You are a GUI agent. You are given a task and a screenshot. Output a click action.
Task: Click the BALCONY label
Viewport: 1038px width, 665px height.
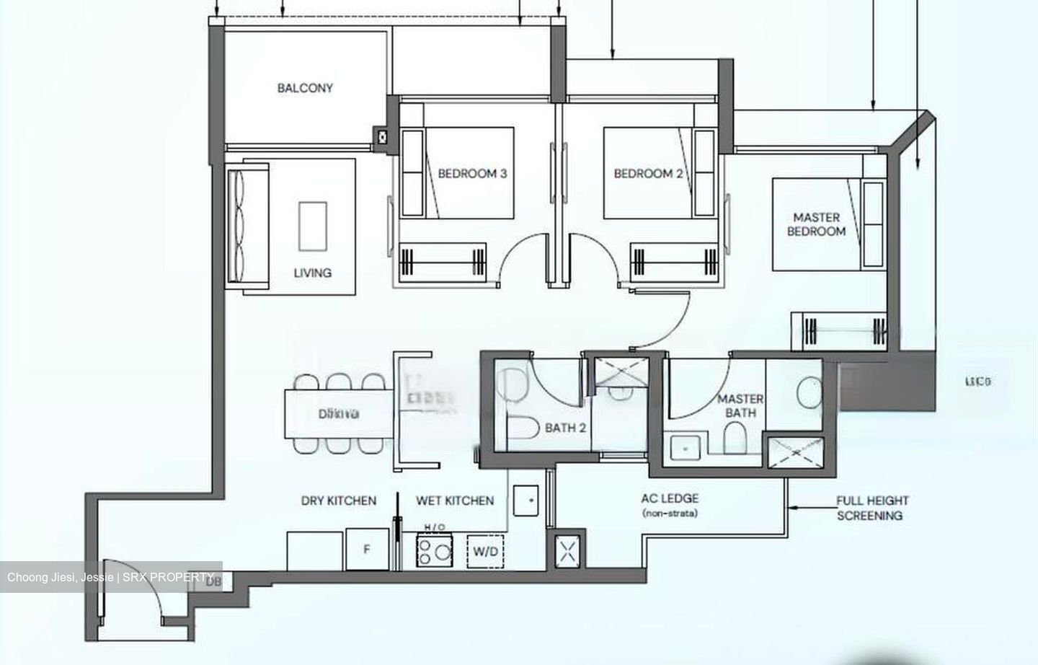(x=305, y=88)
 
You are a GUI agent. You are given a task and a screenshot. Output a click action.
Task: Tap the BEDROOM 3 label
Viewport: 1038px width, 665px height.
(x=472, y=173)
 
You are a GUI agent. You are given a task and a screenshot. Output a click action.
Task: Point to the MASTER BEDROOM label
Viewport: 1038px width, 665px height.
(x=816, y=224)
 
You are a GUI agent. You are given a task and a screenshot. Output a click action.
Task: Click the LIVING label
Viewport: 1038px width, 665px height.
(x=312, y=273)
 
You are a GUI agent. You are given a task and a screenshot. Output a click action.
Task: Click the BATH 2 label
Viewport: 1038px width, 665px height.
(x=565, y=428)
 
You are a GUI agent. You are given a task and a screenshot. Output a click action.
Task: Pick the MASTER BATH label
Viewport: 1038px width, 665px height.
(x=740, y=405)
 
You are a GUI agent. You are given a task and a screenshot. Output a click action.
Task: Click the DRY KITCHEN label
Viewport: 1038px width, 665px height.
(x=338, y=501)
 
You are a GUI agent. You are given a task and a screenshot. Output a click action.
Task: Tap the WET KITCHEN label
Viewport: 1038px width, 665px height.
(x=455, y=501)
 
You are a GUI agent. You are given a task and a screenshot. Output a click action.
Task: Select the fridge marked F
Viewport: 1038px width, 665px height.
(x=367, y=550)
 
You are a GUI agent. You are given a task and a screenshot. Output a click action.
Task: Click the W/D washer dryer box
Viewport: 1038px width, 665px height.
(x=485, y=552)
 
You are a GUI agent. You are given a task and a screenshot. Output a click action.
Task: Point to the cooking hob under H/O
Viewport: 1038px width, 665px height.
(x=433, y=552)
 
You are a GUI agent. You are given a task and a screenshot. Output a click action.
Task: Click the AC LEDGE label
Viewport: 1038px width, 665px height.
(x=670, y=498)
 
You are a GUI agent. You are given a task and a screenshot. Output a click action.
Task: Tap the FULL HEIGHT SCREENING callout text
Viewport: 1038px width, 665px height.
(x=872, y=508)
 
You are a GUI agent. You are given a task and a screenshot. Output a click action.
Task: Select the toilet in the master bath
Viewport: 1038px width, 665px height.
(x=735, y=437)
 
